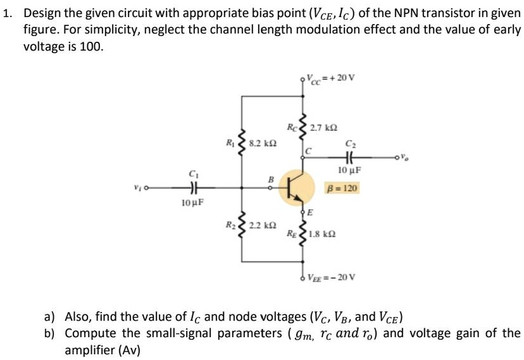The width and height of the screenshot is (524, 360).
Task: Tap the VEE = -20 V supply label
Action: (332, 277)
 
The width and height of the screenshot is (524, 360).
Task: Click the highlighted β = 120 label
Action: (342, 188)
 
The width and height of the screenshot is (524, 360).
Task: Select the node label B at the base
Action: (271, 180)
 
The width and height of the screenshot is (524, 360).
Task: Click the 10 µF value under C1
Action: (191, 203)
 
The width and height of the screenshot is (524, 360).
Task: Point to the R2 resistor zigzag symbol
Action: (241, 226)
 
